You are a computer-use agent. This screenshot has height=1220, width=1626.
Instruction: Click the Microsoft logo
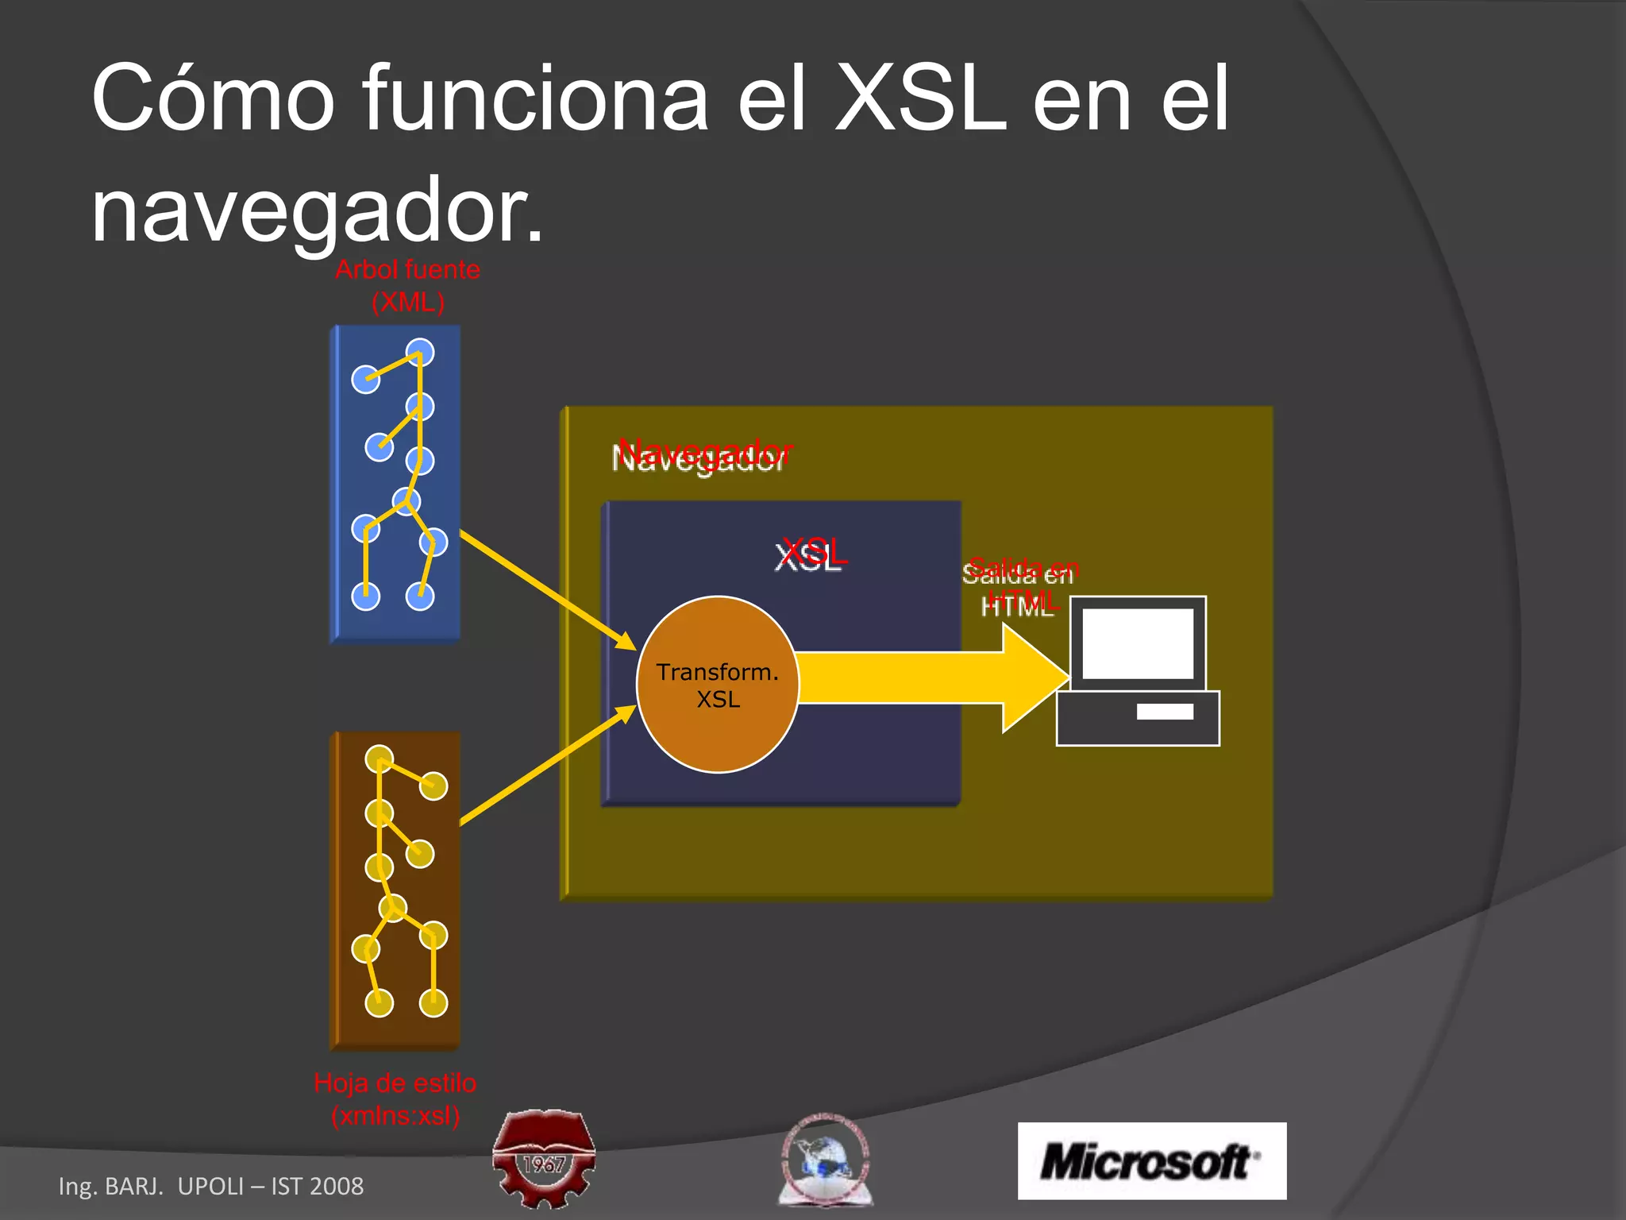point(1151,1160)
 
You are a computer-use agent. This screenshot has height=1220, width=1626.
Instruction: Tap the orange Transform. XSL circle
point(718,684)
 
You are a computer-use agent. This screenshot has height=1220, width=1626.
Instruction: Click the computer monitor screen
point(1138,643)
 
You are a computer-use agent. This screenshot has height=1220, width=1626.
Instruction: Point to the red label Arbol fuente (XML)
point(407,286)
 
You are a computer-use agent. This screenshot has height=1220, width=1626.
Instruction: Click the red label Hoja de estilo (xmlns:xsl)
point(395,1099)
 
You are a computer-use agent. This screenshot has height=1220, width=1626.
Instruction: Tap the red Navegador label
point(705,453)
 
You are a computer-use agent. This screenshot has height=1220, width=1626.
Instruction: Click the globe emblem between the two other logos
point(825,1160)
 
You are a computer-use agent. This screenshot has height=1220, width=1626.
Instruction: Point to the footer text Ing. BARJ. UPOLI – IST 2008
point(211,1186)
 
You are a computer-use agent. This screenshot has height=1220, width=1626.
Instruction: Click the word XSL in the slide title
point(921,99)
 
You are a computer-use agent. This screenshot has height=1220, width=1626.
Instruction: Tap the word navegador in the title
point(318,210)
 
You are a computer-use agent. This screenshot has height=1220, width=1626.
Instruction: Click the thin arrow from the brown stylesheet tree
point(548,765)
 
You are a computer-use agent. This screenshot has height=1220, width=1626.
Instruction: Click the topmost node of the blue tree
point(420,352)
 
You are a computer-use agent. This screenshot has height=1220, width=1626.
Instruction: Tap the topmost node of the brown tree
point(380,759)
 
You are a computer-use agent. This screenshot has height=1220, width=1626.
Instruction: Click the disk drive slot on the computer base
point(1165,712)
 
